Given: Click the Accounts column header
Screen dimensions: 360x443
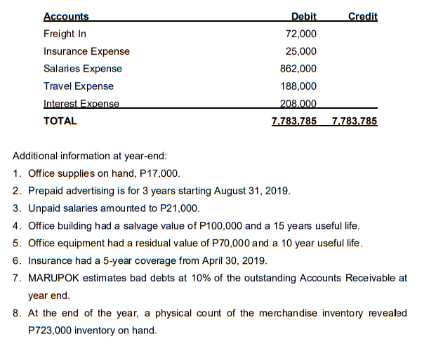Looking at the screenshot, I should tap(66, 16).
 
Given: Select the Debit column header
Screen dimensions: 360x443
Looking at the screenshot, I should tap(303, 16).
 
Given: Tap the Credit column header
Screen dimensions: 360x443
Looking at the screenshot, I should tap(362, 16).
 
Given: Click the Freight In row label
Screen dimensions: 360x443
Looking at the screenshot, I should tap(65, 34).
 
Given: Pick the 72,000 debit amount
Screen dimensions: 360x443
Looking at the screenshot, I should tap(301, 34).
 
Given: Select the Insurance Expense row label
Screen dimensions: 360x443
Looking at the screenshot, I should tap(86, 51).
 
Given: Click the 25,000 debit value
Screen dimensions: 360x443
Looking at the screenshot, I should tap(301, 51).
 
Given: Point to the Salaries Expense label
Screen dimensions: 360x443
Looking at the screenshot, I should tap(83, 69).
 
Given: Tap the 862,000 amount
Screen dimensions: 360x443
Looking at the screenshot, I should tap(299, 69).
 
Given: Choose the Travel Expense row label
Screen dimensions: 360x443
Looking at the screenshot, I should tap(79, 86).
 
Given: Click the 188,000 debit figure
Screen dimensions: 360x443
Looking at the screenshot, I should tap(299, 86).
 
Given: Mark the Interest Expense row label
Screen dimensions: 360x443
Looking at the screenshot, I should tap(81, 104).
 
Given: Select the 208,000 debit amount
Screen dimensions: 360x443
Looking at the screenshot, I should tap(299, 104).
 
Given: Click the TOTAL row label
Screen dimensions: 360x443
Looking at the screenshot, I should tap(60, 121).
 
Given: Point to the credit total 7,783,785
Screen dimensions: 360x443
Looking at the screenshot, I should tap(354, 121).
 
